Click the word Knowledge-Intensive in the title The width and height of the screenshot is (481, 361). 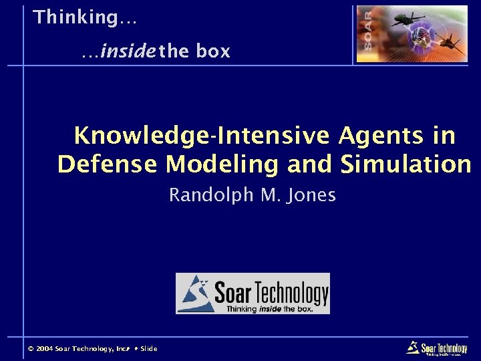(x=201, y=136)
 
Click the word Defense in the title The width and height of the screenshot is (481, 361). (x=108, y=164)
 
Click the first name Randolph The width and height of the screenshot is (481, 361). (x=209, y=195)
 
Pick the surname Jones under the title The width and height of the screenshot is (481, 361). (x=313, y=195)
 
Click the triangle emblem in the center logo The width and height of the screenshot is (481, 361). (x=194, y=292)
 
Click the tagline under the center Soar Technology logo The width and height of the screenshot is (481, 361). (x=269, y=309)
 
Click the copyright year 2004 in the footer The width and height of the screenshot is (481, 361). (x=44, y=349)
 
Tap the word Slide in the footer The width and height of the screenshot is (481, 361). (x=148, y=349)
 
